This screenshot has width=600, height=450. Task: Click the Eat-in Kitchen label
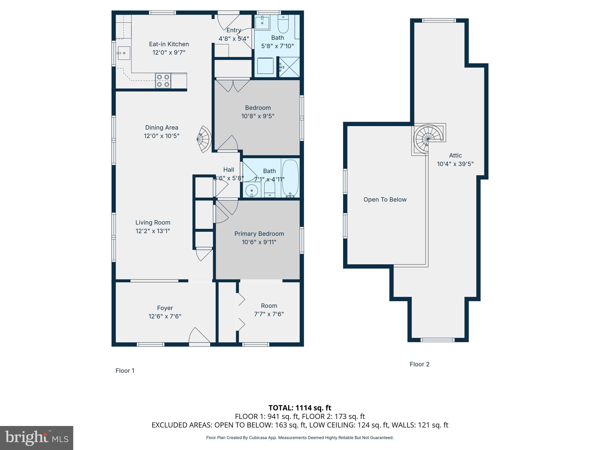(169, 44)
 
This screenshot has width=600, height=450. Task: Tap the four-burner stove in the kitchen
(163, 81)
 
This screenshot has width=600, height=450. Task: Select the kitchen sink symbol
(124, 53)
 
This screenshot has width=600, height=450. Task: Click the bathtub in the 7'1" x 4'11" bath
(290, 178)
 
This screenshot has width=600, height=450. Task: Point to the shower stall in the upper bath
(289, 67)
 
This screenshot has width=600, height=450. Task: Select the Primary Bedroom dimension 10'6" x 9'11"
(259, 242)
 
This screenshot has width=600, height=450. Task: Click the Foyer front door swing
(199, 336)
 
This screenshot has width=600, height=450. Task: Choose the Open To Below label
(385, 200)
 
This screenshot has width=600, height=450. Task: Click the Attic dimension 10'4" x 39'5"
(455, 164)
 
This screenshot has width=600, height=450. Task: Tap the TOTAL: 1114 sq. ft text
(300, 408)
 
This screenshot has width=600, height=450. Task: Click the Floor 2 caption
(419, 364)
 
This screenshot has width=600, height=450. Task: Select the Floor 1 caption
(125, 371)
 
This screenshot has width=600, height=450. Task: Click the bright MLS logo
(37, 438)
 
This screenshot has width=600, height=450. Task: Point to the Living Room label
(153, 223)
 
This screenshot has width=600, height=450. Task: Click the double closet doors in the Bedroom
(233, 85)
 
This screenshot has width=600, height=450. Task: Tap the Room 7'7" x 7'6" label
(269, 310)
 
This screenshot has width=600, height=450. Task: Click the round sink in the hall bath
(251, 191)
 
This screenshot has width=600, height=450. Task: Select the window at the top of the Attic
(439, 20)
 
